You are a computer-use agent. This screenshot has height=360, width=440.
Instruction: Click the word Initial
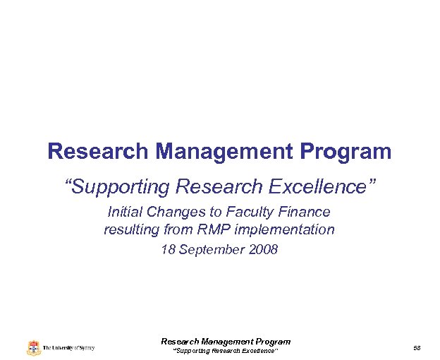point(123,212)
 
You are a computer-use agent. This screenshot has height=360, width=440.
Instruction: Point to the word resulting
point(131,229)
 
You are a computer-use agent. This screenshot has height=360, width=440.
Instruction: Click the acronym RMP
point(209,229)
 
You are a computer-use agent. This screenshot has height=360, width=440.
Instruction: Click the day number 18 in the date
point(168,250)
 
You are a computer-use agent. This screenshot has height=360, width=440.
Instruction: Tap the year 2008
point(263,250)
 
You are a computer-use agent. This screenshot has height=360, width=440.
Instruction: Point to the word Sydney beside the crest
point(85,348)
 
